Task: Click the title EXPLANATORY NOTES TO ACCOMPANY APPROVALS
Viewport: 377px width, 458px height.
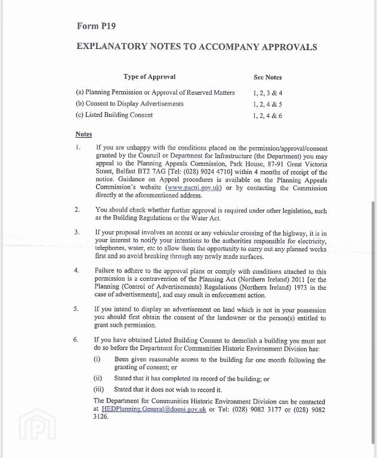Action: point(197,47)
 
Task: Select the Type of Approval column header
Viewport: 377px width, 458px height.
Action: point(149,77)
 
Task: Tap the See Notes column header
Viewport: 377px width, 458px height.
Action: point(267,78)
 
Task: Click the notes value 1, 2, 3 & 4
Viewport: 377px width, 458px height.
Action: point(267,93)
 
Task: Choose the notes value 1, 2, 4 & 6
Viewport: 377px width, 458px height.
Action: point(267,116)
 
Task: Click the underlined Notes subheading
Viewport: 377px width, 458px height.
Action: point(84,134)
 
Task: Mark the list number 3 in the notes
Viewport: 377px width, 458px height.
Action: point(77,231)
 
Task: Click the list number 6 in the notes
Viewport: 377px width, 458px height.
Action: point(76,339)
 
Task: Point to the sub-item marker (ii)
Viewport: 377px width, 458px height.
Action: point(98,379)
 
